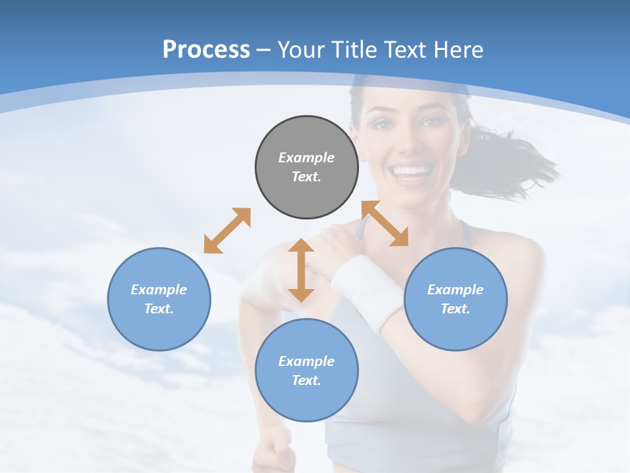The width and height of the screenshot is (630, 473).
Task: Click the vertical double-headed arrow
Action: (301, 270)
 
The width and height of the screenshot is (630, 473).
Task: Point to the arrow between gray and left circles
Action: (227, 231)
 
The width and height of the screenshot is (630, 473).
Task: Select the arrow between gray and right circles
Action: (385, 223)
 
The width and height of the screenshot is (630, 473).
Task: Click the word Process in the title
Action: (206, 49)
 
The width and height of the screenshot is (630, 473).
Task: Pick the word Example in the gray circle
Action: (306, 158)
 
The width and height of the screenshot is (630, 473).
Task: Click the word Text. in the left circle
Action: (159, 309)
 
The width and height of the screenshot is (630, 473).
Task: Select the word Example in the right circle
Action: (455, 290)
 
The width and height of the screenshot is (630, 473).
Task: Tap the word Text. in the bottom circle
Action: (306, 380)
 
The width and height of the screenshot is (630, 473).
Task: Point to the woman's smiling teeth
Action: (409, 172)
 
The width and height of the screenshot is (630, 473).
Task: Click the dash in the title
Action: (264, 49)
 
